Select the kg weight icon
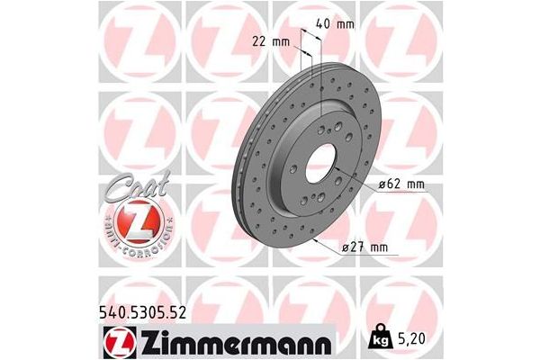click(382, 340)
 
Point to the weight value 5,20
click(410, 340)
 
